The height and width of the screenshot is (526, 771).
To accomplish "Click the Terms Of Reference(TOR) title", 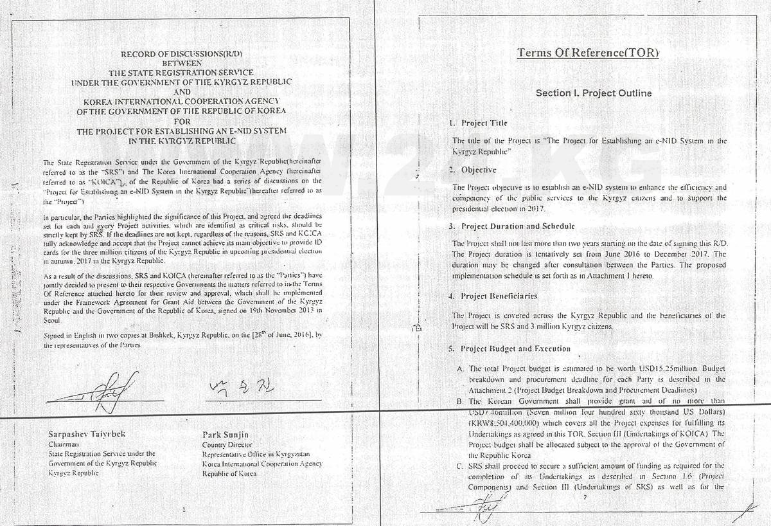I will click(x=588, y=53).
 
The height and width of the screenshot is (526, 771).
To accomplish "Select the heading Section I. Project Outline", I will click(x=594, y=93).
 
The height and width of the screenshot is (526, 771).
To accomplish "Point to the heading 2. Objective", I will click(x=473, y=170).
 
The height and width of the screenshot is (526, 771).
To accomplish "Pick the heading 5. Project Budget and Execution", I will click(x=510, y=349).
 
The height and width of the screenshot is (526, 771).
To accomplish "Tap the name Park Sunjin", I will click(x=221, y=433).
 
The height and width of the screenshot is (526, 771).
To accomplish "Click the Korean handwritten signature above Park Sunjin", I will click(x=233, y=387).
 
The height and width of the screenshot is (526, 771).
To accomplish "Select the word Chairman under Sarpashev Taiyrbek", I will click(x=63, y=444).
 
